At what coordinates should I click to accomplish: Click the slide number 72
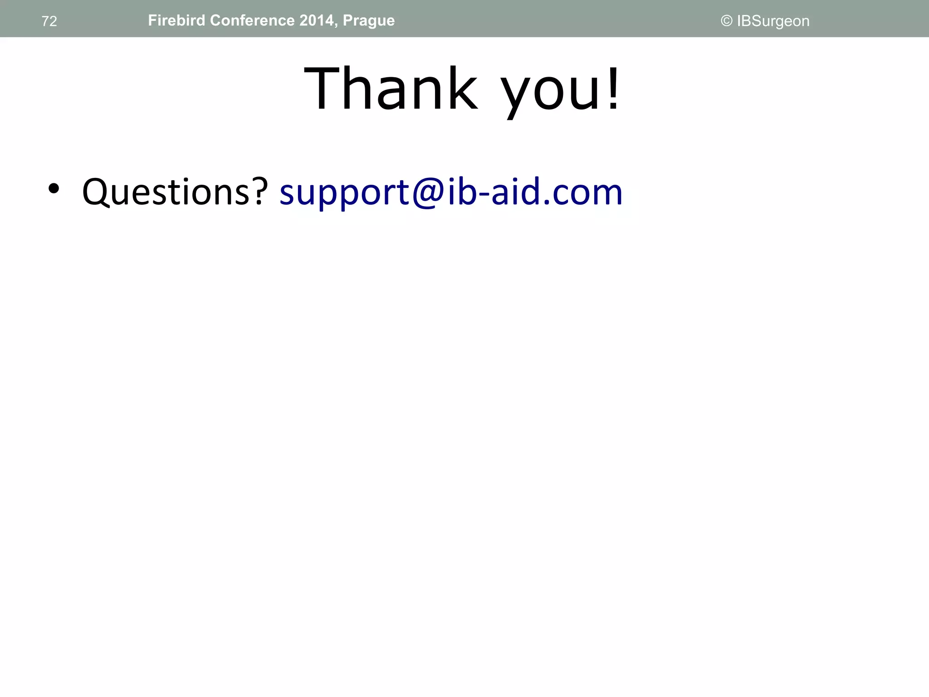[49, 21]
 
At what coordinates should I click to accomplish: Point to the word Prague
[369, 21]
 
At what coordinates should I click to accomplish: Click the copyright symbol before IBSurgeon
[726, 21]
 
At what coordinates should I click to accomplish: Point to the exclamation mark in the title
[613, 88]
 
